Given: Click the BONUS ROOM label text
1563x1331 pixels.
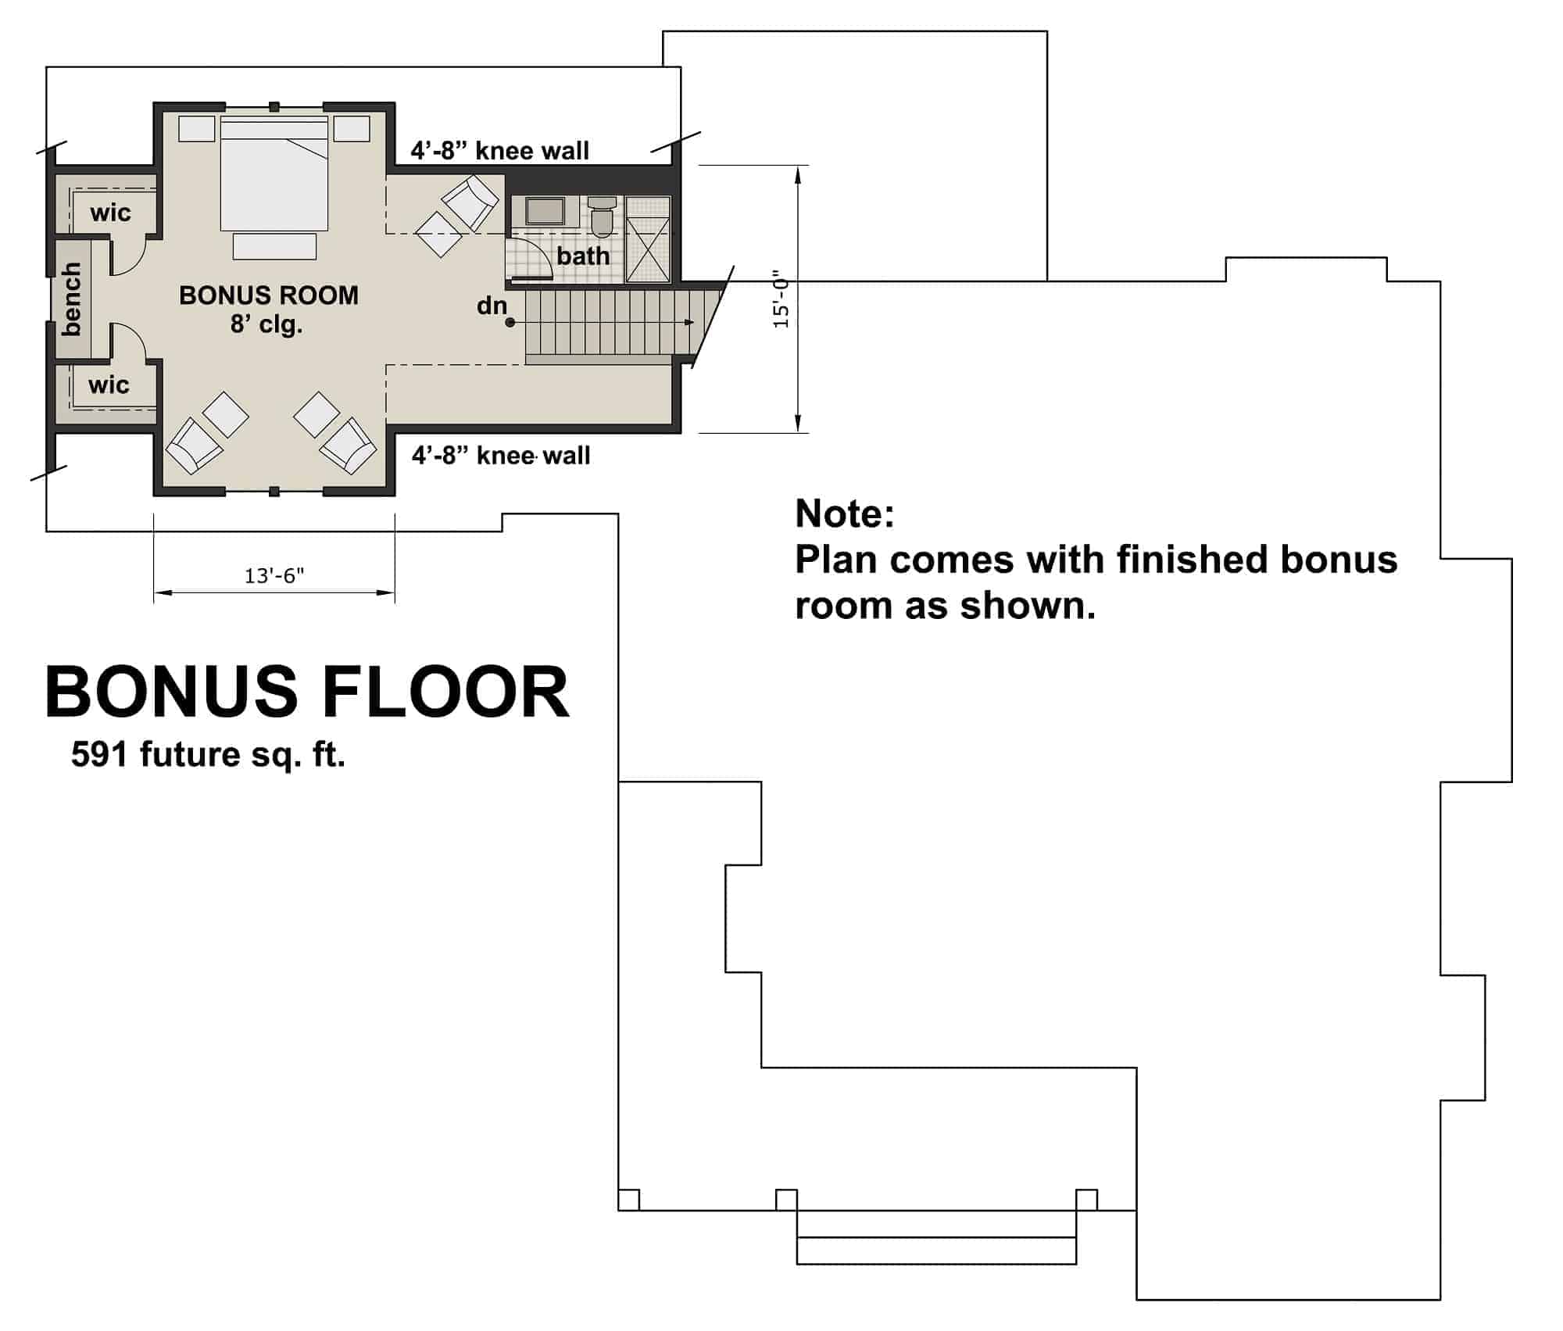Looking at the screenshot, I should (x=269, y=295).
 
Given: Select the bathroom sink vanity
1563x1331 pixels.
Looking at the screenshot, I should (x=545, y=211).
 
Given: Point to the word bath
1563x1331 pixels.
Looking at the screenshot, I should (x=583, y=256).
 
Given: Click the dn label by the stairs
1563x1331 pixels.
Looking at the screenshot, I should (x=492, y=306).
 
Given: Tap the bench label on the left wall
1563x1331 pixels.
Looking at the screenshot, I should (x=71, y=299).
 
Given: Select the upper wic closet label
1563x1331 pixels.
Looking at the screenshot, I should (x=110, y=213).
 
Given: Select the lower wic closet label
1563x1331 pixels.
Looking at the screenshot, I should (x=109, y=385).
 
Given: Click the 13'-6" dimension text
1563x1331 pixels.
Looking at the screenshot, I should (x=274, y=576).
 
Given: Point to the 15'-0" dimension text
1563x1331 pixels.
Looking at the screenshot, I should (x=781, y=299).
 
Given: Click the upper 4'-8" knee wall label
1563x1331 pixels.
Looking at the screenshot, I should (x=500, y=150).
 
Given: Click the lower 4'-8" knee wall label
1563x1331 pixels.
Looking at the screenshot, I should (x=501, y=455).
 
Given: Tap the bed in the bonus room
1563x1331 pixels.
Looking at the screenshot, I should (x=274, y=176).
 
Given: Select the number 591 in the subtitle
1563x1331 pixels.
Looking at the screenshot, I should (x=98, y=754).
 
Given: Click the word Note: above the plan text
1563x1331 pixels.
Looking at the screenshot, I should (x=844, y=513).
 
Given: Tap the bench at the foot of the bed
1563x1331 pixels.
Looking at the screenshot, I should (x=274, y=247).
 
